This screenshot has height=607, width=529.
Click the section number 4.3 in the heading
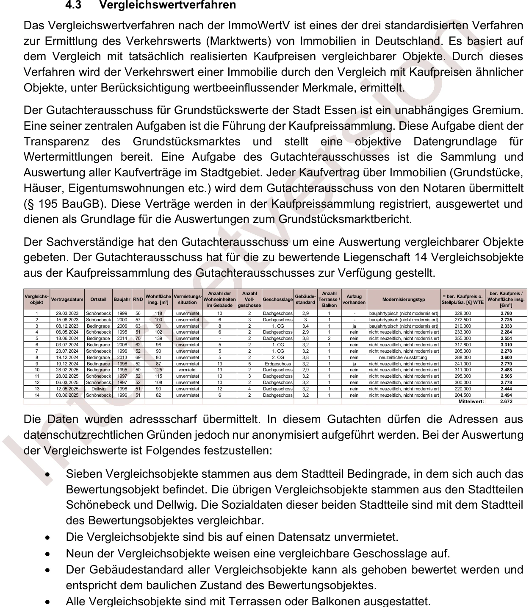pyautogui.click(x=75, y=6)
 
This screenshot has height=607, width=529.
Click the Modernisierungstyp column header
pyautogui.click(x=403, y=300)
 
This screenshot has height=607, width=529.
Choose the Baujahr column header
pyautogui.click(x=122, y=300)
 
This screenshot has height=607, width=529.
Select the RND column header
pyautogui.click(x=138, y=300)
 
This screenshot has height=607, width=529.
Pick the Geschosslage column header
pyautogui.click(x=278, y=300)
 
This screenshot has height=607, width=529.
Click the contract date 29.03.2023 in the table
pyautogui.click(x=67, y=314)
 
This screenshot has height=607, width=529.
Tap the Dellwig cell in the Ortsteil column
pyautogui.click(x=98, y=389)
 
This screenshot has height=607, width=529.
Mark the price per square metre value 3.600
pyautogui.click(x=506, y=357)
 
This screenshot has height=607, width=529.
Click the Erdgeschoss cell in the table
pyautogui.click(x=278, y=364)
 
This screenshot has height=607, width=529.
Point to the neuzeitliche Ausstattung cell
pyautogui.click(x=403, y=357)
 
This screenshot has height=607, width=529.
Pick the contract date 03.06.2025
pyautogui.click(x=67, y=395)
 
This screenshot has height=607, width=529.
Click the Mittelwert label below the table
pyautogui.click(x=471, y=401)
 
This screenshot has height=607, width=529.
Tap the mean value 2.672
pyautogui.click(x=506, y=401)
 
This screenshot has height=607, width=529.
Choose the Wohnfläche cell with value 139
pyautogui.click(x=158, y=339)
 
